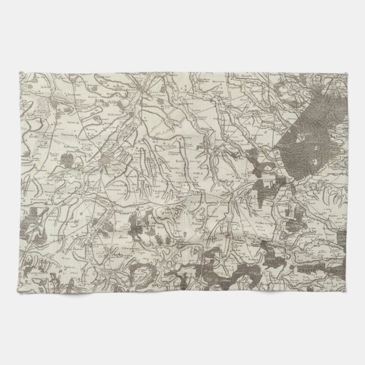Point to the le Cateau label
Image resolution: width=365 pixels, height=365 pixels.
coord(211,200)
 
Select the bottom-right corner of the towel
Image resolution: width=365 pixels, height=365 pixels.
coord(346,292)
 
